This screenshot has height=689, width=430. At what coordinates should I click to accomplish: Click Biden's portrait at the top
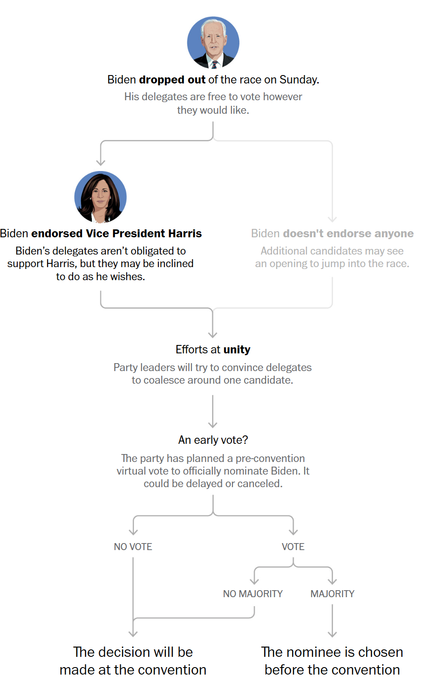pyautogui.click(x=213, y=43)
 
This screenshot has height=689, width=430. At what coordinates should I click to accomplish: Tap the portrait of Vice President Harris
pyautogui.click(x=101, y=197)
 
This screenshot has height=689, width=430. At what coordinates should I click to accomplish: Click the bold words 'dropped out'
pyautogui.click(x=172, y=80)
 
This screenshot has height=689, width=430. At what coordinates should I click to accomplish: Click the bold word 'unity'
pyautogui.click(x=237, y=350)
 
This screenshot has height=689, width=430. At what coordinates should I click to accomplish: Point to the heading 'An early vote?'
pyautogui.click(x=213, y=440)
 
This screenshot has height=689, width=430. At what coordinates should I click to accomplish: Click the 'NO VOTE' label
pyautogui.click(x=133, y=547)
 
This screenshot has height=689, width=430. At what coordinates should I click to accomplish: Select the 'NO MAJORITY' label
pyautogui.click(x=253, y=594)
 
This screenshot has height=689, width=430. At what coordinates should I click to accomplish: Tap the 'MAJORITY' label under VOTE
pyautogui.click(x=333, y=594)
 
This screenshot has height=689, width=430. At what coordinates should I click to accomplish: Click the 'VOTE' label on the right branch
pyautogui.click(x=293, y=547)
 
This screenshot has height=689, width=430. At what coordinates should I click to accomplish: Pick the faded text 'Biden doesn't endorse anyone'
pyautogui.click(x=332, y=234)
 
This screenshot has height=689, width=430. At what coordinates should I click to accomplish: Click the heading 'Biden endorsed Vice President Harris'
pyautogui.click(x=101, y=234)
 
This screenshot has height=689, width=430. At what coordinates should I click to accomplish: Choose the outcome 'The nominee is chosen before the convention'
pyautogui.click(x=332, y=661)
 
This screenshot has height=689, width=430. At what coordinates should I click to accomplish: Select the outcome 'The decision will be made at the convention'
pyautogui.click(x=133, y=661)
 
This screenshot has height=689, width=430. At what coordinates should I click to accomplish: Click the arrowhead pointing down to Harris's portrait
pyautogui.click(x=101, y=162)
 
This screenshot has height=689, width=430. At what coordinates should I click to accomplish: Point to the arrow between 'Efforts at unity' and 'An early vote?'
pyautogui.click(x=213, y=412)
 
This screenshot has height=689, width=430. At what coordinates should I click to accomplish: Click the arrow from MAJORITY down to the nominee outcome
pyautogui.click(x=332, y=621)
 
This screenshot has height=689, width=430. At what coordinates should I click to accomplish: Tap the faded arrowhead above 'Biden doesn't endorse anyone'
pyautogui.click(x=332, y=219)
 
